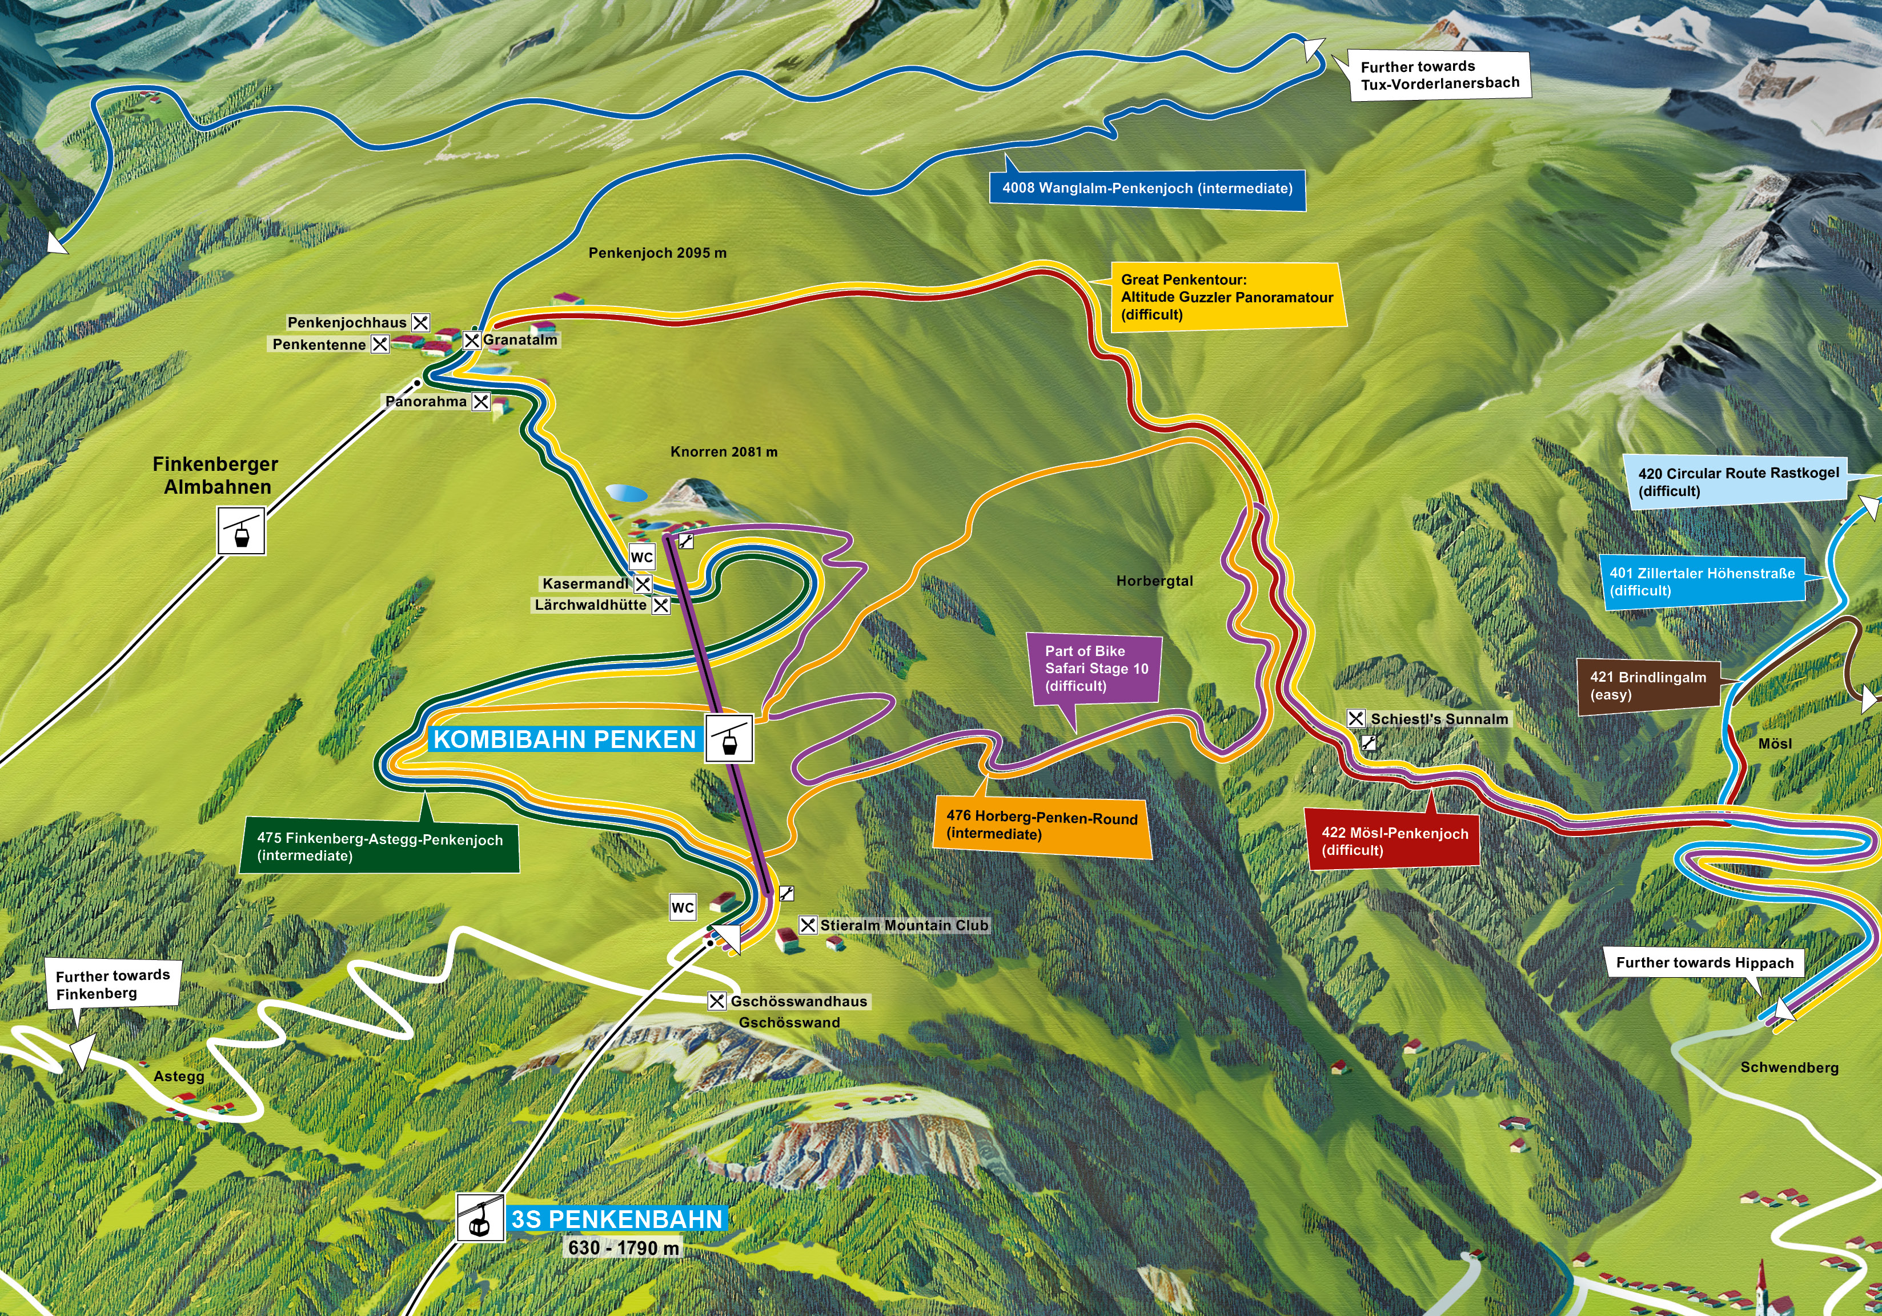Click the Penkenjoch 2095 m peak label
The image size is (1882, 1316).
[657, 253]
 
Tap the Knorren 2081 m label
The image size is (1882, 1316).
[723, 452]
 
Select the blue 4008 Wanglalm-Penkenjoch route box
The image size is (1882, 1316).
[1147, 189]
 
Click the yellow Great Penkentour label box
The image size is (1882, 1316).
[1226, 297]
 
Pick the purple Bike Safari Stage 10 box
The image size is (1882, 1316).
[1095, 668]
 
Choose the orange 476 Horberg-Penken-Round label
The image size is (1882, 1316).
[1041, 826]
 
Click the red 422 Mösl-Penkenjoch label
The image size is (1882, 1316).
[1394, 841]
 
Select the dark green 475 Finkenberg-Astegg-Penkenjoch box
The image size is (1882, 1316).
[379, 846]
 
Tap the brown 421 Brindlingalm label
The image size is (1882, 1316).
[1648, 686]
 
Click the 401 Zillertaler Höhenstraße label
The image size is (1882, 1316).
[1701, 581]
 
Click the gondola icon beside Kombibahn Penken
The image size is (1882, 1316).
[728, 739]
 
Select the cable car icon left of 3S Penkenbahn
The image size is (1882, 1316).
[480, 1218]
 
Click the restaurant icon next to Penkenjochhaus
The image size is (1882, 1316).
[420, 322]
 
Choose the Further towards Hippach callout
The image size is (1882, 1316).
[1704, 963]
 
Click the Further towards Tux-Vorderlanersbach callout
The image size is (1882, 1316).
[1439, 75]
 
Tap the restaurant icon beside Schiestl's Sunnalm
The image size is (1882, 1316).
[1356, 718]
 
